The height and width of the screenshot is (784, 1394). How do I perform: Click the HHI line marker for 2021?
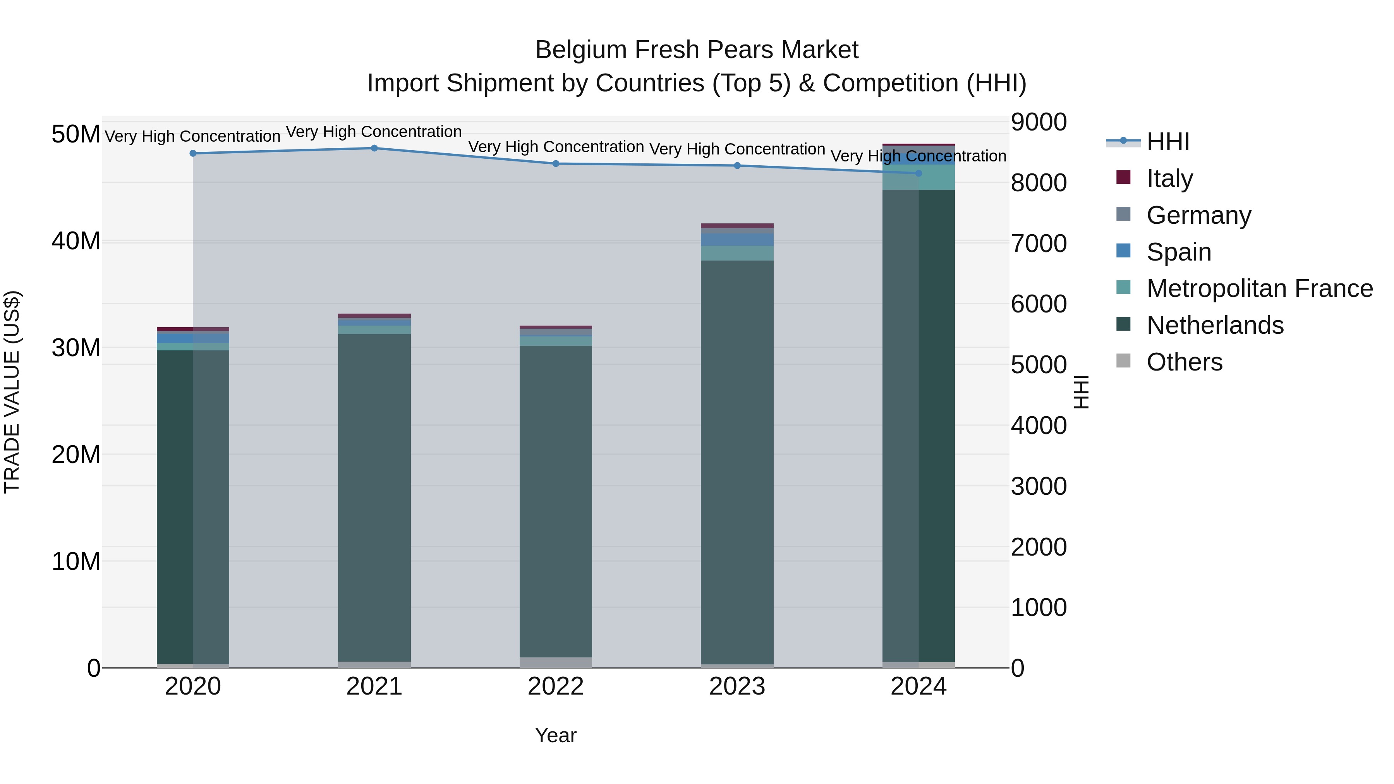point(374,148)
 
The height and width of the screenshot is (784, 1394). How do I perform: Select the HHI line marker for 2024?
point(918,173)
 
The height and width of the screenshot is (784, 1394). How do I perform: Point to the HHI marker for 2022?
point(556,163)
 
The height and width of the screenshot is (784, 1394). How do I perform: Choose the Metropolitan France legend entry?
point(1259,288)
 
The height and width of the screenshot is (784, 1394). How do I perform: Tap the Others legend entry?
point(1184,362)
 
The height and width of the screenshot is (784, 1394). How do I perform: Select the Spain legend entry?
point(1179,252)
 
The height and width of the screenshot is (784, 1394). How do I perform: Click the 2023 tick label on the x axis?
point(737,686)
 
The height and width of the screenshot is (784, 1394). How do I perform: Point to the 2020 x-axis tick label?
point(193,686)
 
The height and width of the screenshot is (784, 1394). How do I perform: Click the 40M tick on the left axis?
point(76,241)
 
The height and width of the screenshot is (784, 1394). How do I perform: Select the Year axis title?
point(556,735)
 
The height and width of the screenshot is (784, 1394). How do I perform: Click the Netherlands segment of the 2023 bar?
point(737,460)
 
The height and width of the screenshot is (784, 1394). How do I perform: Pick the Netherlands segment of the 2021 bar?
point(374,498)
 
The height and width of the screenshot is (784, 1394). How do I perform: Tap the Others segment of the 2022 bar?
point(556,662)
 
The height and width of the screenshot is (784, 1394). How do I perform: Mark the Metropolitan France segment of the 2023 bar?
point(737,253)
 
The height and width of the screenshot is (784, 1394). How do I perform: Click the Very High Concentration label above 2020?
point(193,136)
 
